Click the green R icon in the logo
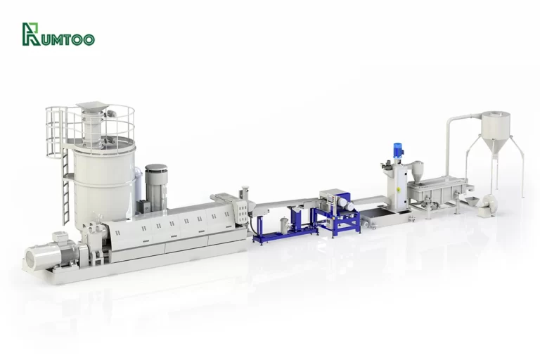pos(31,34)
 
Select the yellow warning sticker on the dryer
pos(399,191)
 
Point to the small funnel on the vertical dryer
pos(417,169)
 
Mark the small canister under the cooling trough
pos(283,225)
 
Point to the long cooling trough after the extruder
pos(281,205)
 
